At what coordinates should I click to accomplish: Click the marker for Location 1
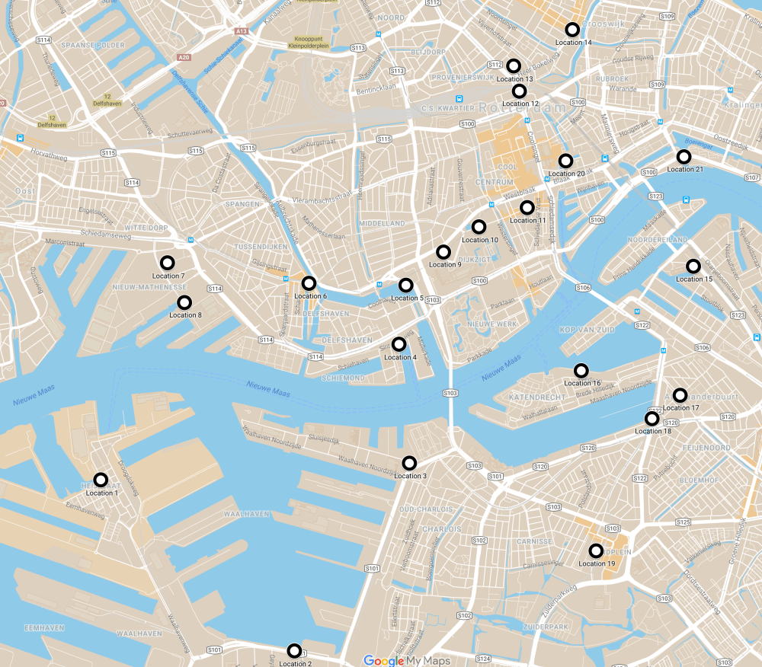tap(101, 480)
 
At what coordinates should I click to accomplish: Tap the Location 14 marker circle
tap(572, 30)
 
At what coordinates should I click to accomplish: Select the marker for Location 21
tap(684, 157)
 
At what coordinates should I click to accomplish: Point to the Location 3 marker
tap(409, 463)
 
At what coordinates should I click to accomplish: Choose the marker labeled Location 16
tap(581, 371)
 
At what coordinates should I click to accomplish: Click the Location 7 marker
tap(166, 263)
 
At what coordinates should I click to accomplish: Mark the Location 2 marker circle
tap(294, 651)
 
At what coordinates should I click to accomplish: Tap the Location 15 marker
tap(693, 266)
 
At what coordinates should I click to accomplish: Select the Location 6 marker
tap(309, 283)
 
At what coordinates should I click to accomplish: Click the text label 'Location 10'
tap(480, 240)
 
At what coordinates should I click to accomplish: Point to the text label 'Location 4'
tap(400, 357)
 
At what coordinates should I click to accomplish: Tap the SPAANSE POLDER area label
tap(92, 45)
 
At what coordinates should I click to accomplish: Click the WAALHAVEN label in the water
tap(245, 514)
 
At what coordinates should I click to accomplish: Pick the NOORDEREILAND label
tap(646, 239)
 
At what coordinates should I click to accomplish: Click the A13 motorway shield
tap(242, 30)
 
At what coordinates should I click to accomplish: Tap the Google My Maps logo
tap(406, 660)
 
